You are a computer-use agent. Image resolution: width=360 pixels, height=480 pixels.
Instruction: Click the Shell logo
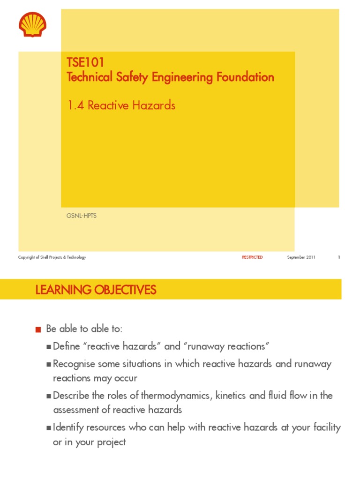click(32, 24)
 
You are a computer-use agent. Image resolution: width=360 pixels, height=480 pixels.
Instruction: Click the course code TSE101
click(85, 63)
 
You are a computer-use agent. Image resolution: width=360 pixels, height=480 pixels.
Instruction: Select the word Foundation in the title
click(245, 77)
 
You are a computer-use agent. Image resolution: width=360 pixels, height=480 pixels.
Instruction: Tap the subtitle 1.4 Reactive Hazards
click(121, 105)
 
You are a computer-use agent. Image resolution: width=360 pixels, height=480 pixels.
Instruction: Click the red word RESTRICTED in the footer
click(252, 257)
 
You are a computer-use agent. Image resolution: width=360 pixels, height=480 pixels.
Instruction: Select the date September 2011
click(301, 257)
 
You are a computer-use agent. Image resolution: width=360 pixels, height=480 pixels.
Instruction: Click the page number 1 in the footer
click(338, 257)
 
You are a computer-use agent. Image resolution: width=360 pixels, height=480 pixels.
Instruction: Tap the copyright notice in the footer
click(52, 257)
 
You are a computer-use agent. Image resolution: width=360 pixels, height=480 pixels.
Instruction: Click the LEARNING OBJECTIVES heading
click(96, 290)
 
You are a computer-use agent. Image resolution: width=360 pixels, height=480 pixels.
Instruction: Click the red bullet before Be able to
click(38, 330)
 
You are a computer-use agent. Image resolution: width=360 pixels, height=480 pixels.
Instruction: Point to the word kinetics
click(232, 396)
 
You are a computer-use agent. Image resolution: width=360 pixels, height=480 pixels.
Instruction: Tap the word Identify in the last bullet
click(68, 427)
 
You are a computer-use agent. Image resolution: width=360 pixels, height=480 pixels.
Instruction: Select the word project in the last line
click(112, 442)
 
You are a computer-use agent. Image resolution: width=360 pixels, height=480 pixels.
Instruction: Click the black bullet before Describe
click(49, 396)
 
